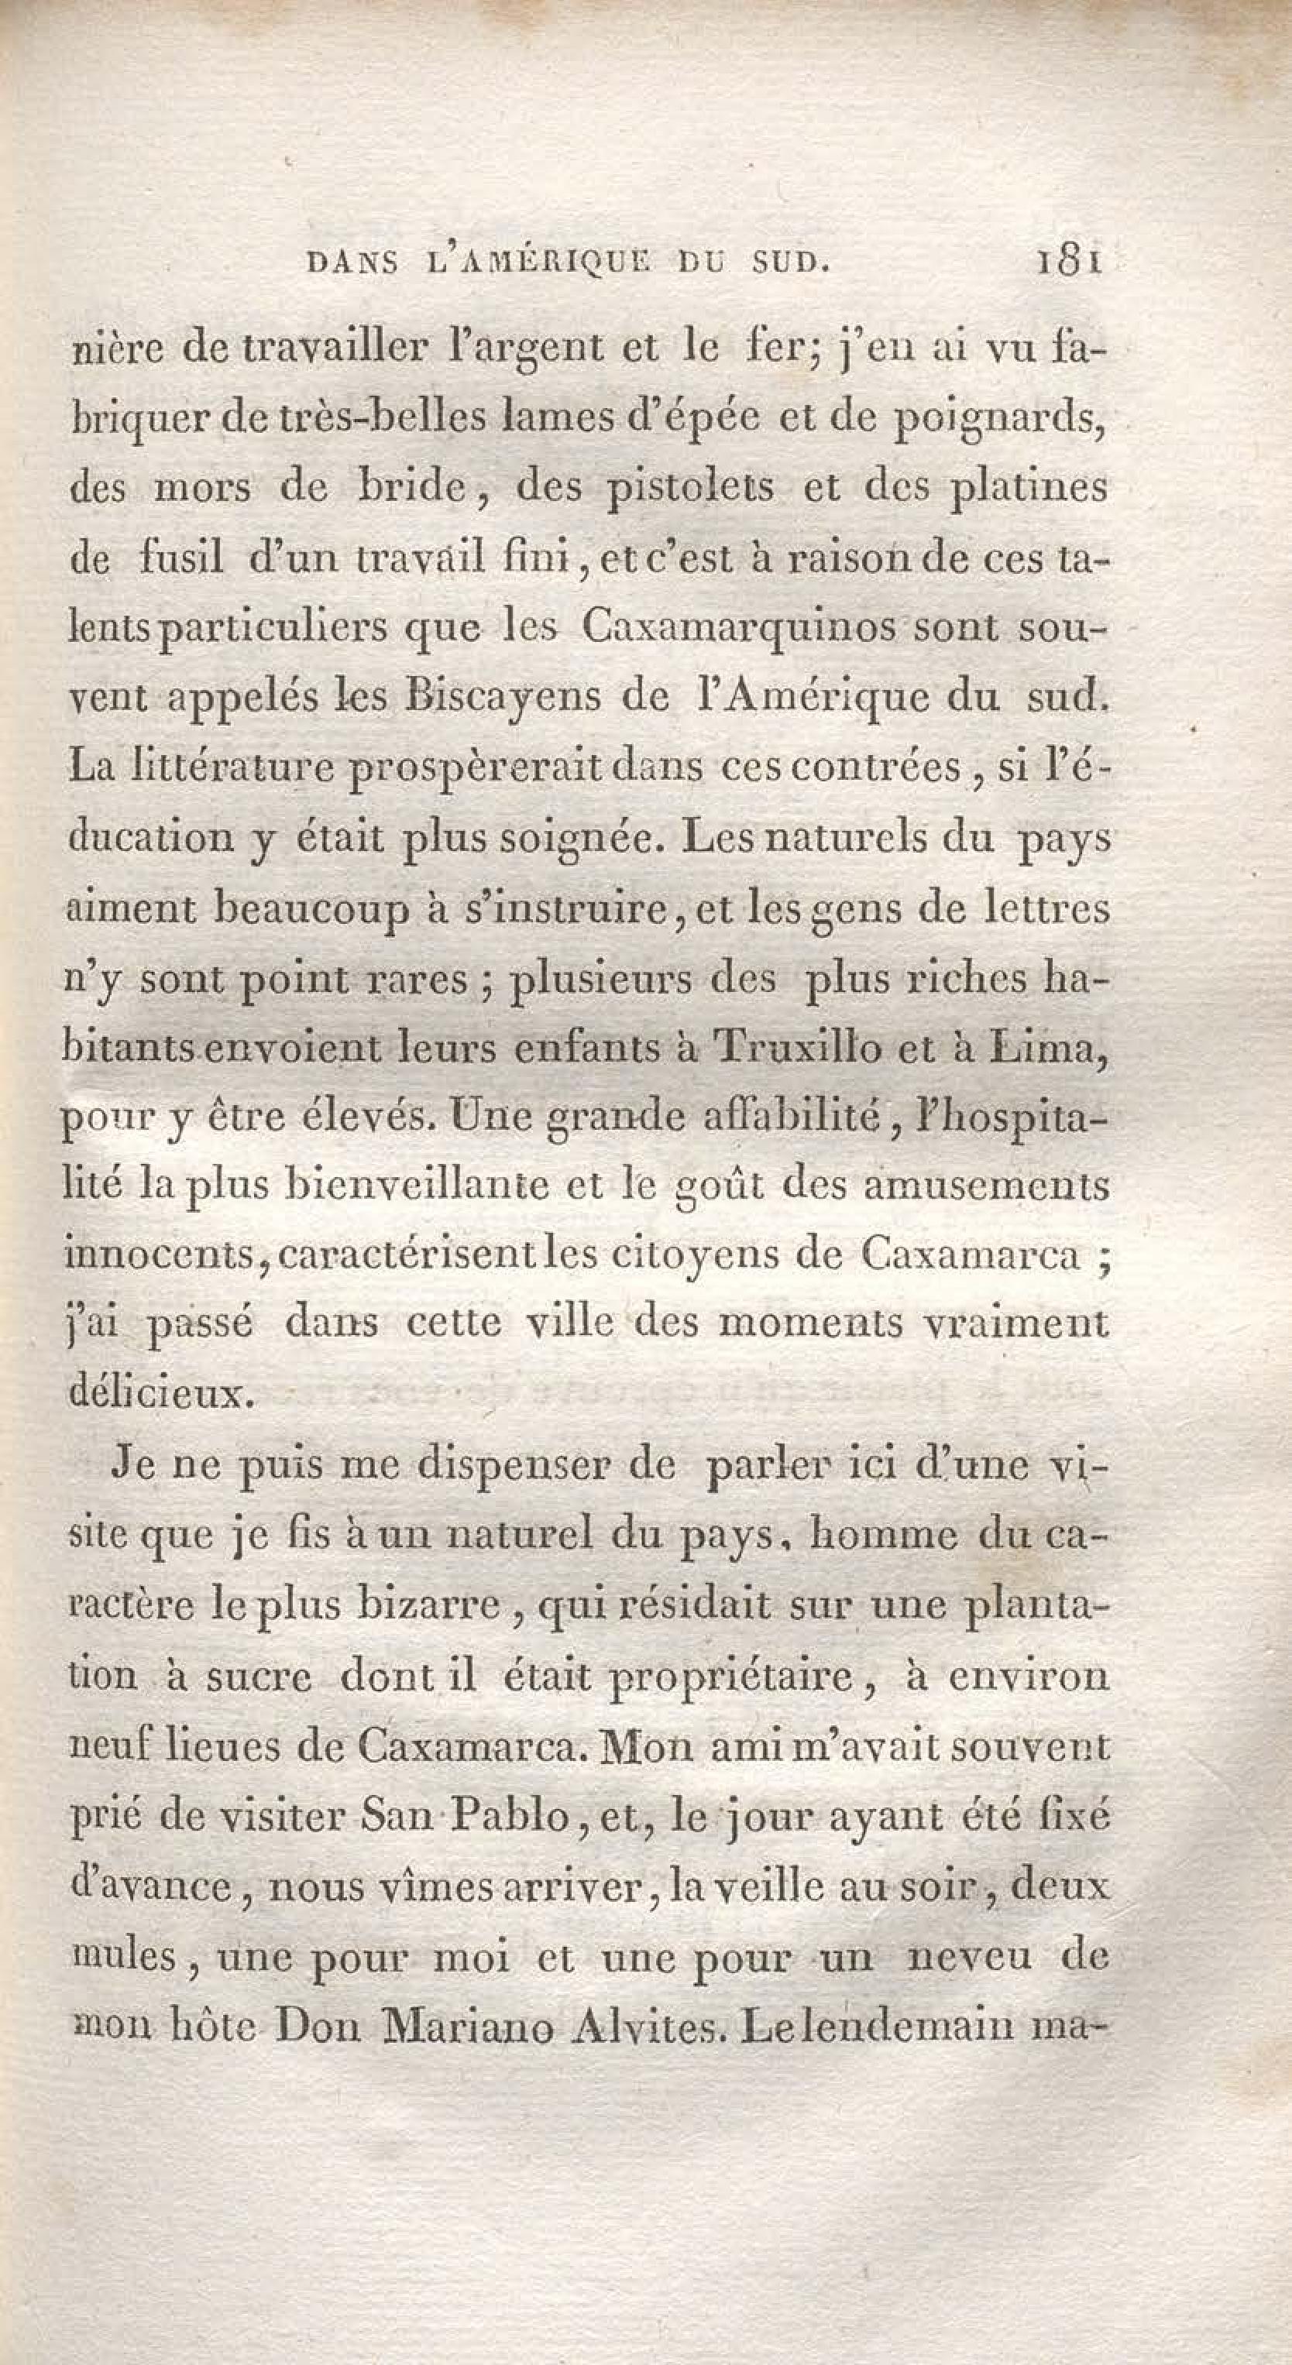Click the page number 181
click(x=1067, y=266)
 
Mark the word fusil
click(x=183, y=558)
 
